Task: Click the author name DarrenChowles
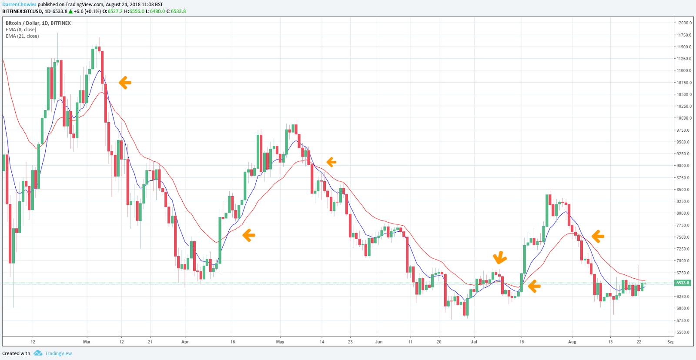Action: [x=19, y=4]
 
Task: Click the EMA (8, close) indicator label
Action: [x=21, y=30]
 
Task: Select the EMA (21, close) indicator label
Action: [x=22, y=36]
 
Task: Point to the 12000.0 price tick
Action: [x=684, y=23]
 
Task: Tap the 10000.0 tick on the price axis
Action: [x=684, y=118]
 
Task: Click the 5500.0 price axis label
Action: [x=684, y=333]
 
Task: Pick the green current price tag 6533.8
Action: [x=683, y=283]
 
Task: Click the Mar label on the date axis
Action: [x=87, y=342]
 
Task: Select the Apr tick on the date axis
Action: [x=185, y=342]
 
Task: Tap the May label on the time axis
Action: [x=280, y=342]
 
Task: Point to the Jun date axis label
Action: [x=379, y=342]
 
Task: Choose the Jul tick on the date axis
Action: [x=474, y=342]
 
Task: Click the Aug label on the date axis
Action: [x=572, y=342]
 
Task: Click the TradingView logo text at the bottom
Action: [x=58, y=353]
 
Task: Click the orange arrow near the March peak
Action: [x=125, y=83]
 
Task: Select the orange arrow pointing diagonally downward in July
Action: [x=500, y=258]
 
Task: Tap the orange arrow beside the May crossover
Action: [x=331, y=162]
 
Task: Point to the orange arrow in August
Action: [x=598, y=236]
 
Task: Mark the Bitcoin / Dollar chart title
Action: [x=38, y=23]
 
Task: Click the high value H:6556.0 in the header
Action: [x=134, y=11]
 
